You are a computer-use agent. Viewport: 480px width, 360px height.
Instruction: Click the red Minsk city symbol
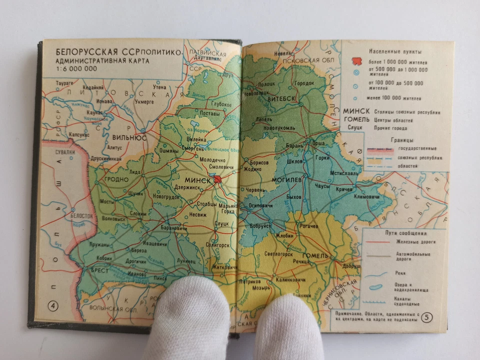tap(218, 179)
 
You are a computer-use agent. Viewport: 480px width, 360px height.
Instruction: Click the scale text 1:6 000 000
tap(76, 69)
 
